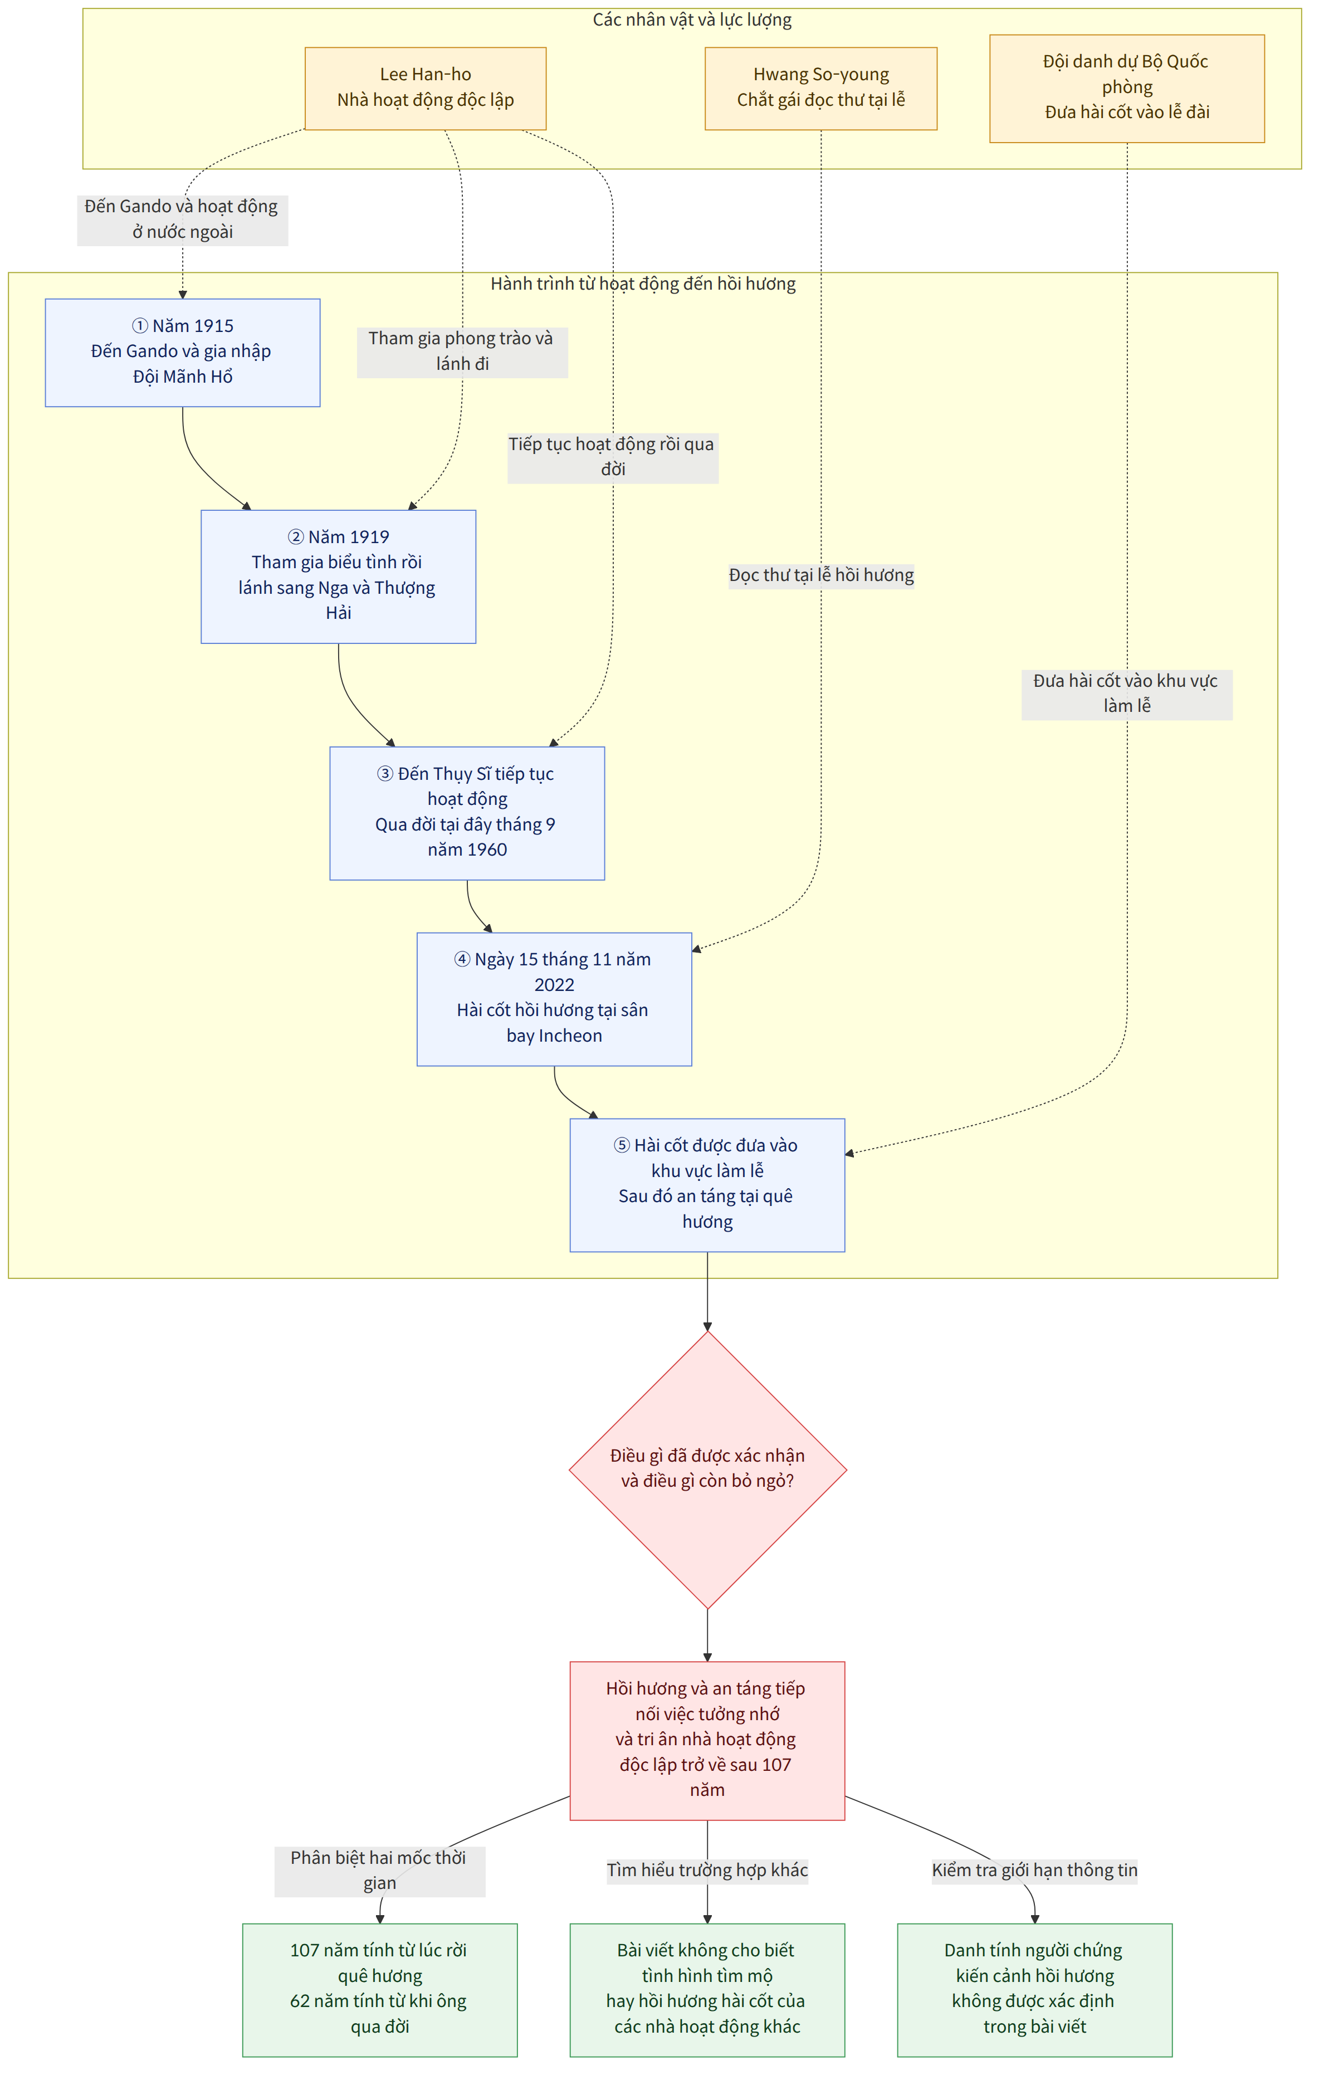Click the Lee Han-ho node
425,88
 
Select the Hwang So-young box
820,88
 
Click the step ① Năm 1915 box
182,353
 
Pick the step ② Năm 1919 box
338,576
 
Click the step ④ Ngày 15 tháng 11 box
554,999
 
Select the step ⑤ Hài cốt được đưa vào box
707,1184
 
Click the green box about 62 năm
379,1989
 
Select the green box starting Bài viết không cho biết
707,1989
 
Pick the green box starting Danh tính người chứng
1034,1989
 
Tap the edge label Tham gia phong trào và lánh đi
462,351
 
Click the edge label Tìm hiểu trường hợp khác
707,1870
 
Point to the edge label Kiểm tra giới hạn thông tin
1034,1870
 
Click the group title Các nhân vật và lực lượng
692,20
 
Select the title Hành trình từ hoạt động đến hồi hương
643,284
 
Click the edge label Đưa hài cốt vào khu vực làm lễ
1126,694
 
